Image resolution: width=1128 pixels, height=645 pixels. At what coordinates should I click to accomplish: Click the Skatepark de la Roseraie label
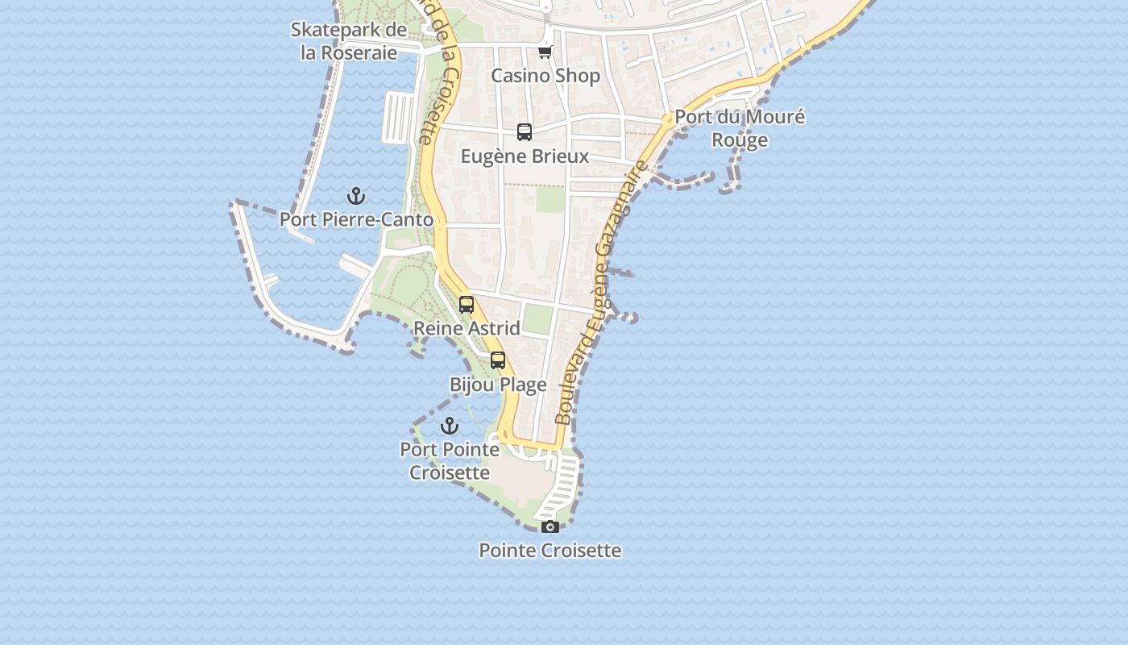349,41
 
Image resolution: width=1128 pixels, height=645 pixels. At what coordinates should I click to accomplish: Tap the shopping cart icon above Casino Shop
545,52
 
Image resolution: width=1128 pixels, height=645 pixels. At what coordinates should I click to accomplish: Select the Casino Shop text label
545,76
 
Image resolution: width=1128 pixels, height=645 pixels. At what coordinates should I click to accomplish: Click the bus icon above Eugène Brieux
525,132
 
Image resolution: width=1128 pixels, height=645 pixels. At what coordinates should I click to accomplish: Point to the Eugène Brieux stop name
525,156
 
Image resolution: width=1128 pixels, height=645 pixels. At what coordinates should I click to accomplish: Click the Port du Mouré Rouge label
740,128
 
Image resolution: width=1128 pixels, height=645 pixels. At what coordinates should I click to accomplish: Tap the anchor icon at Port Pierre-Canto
355,196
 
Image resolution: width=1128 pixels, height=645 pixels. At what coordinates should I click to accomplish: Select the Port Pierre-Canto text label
356,219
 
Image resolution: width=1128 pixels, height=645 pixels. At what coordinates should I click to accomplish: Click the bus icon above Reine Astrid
467,305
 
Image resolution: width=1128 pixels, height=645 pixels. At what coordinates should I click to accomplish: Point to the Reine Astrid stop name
467,328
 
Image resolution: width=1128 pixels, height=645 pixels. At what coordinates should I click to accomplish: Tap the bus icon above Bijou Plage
498,360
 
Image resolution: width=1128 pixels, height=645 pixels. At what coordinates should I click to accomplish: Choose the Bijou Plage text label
498,385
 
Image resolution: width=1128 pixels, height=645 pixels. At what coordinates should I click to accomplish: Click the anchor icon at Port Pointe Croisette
450,426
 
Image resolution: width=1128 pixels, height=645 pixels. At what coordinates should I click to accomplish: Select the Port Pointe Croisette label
450,461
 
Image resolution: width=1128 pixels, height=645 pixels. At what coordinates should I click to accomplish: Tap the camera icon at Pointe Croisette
550,526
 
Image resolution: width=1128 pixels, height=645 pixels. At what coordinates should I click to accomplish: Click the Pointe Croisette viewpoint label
550,551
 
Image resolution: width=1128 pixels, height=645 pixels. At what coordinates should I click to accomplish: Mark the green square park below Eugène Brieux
550,199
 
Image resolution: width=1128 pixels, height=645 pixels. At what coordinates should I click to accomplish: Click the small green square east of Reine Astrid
537,319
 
